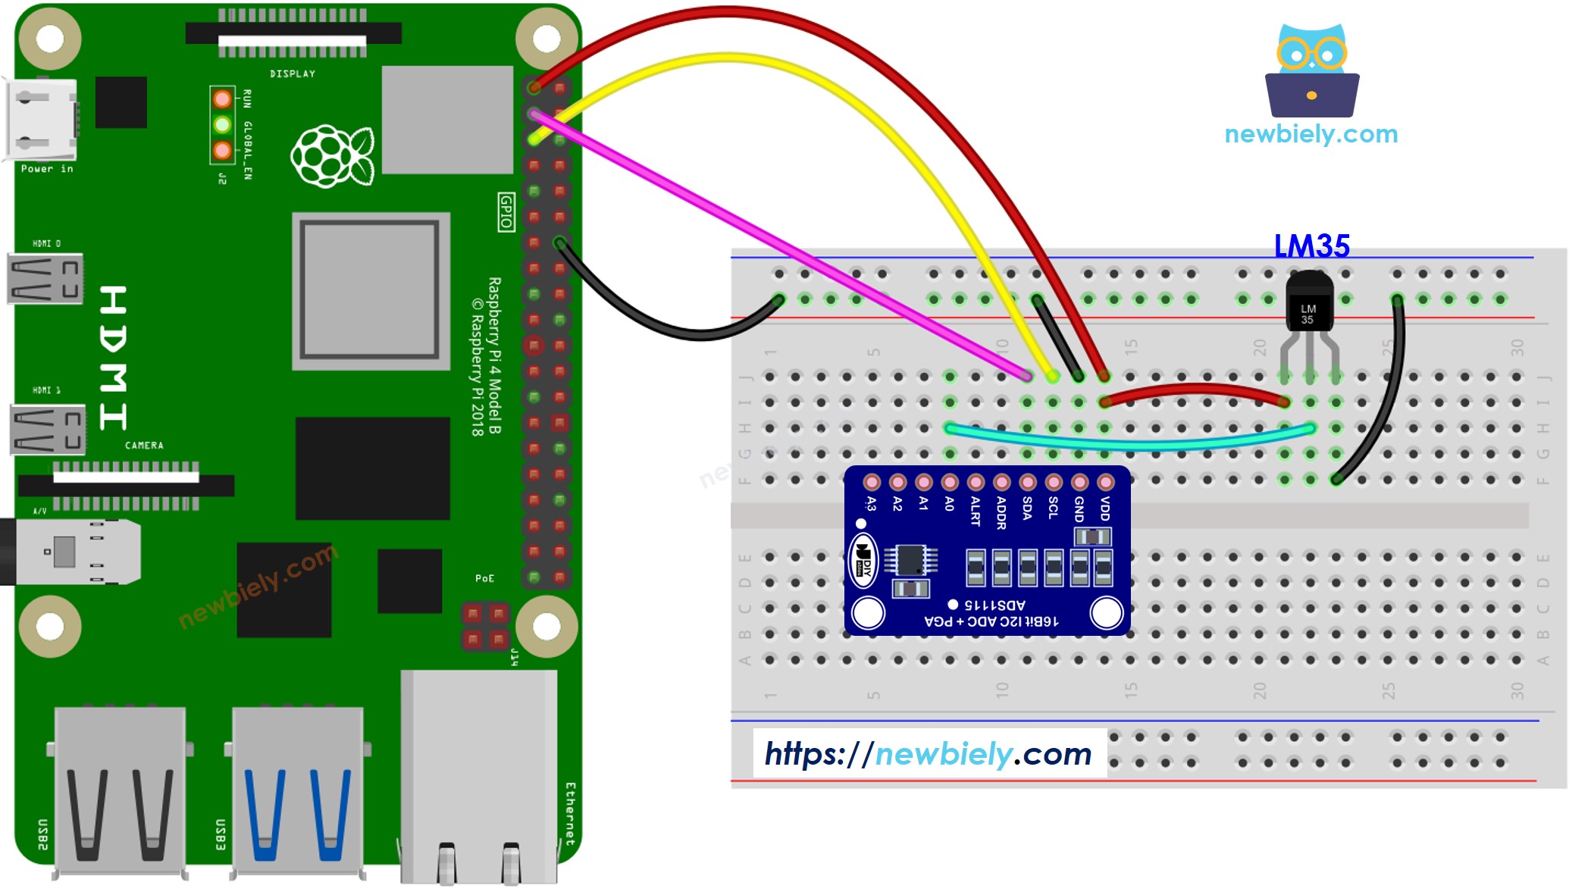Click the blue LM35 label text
tap(1311, 246)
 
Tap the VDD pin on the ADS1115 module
tap(1106, 483)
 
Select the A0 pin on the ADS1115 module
tap(950, 483)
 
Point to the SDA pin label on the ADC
tap(1027, 508)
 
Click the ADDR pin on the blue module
tap(1001, 483)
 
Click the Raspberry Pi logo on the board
tap(332, 156)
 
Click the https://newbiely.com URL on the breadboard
tap(929, 753)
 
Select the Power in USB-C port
tap(42, 120)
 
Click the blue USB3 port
tap(298, 792)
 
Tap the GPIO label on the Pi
tap(506, 211)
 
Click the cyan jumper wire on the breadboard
tap(1129, 443)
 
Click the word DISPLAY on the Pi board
tap(293, 74)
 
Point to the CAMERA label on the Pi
tap(144, 446)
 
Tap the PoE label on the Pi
tap(484, 578)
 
